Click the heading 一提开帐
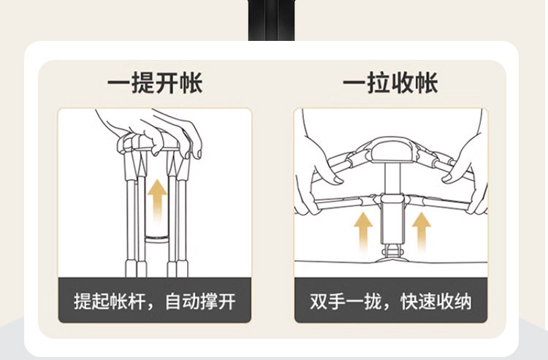(155, 83)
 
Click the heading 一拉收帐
(391, 83)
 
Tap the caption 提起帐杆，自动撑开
(155, 300)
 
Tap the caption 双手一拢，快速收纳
(391, 300)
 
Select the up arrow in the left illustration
(156, 198)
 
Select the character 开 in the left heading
(167, 83)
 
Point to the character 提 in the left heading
(142, 83)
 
